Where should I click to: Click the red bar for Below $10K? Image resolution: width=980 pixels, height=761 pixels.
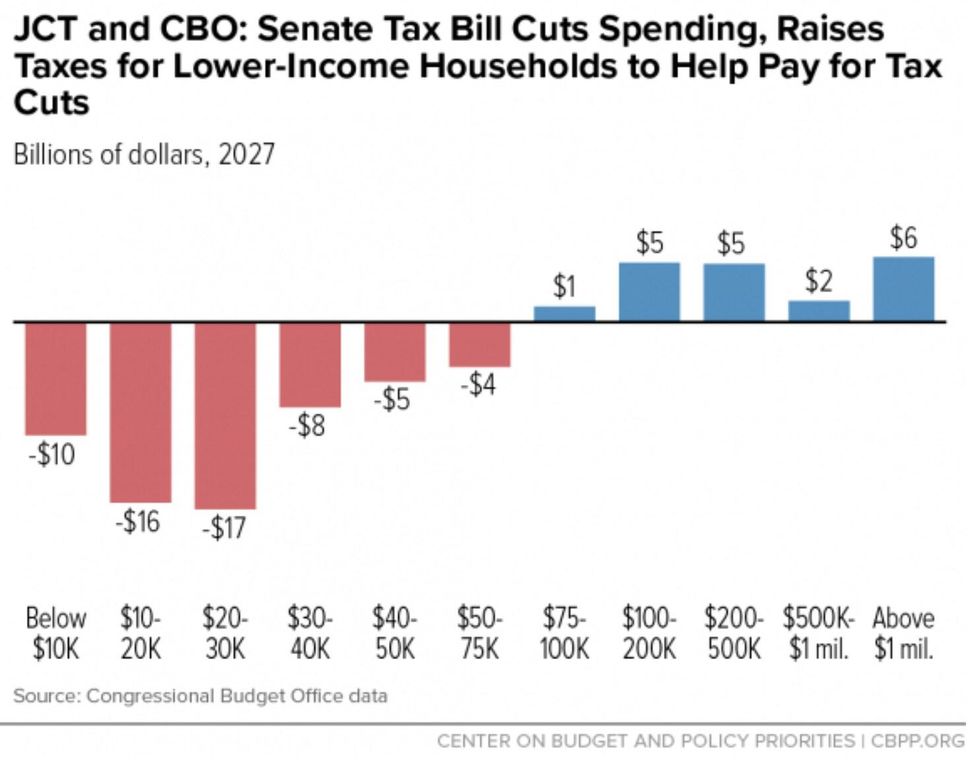point(56,378)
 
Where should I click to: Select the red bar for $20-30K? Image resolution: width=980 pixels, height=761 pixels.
point(225,415)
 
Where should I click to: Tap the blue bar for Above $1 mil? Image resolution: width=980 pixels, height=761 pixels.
point(904,289)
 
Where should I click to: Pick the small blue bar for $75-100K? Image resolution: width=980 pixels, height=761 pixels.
point(564,313)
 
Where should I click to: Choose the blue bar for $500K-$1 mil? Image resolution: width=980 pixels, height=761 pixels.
point(819,311)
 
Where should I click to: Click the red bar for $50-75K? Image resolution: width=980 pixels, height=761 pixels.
point(480,344)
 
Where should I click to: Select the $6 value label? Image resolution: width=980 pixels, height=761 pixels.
point(903,238)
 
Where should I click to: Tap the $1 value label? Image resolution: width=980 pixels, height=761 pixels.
point(565,287)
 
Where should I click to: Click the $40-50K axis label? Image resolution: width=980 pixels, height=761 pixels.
point(394,632)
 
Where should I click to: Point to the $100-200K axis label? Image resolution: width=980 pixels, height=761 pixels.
point(649,632)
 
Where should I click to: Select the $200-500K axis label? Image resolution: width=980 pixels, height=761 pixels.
point(734,632)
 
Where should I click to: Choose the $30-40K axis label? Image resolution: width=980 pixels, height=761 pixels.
point(309,632)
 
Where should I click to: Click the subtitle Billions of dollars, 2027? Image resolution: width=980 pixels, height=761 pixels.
point(143,157)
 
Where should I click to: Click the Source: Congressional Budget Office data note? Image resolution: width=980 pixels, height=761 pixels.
point(200,695)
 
